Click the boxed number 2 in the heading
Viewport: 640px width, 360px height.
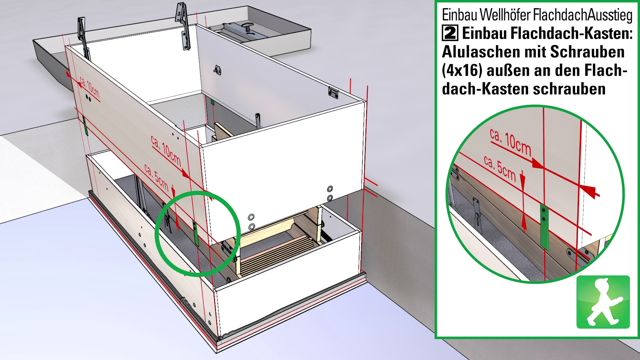[x=450, y=33]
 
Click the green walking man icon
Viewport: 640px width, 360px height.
[x=603, y=302]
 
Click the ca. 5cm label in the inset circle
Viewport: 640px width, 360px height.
[x=500, y=169]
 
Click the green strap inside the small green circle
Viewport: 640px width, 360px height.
[x=196, y=233]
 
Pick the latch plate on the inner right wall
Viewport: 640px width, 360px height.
[x=333, y=92]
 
